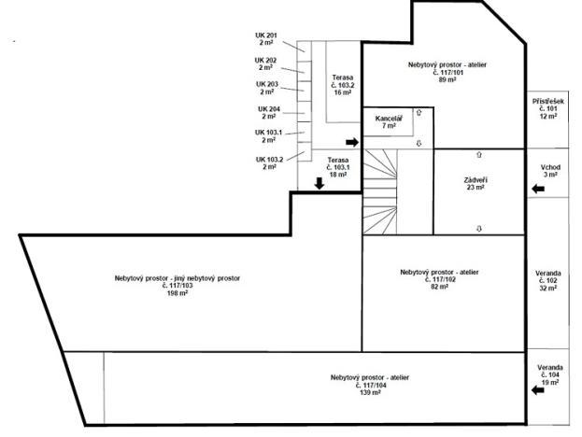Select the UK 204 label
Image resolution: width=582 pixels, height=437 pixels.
point(269,113)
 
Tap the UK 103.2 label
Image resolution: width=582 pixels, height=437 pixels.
point(269,162)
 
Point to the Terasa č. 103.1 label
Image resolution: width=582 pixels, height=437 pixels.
point(337,167)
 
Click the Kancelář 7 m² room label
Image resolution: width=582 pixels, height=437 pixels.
point(388,122)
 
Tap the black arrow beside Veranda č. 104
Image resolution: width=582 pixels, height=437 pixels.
point(537,391)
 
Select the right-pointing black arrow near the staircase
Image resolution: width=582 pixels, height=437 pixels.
point(351,142)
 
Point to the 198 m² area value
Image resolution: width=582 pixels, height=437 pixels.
point(177,293)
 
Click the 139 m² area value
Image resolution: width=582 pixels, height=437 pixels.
point(369,392)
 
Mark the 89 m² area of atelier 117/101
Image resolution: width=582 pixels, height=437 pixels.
point(447,80)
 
